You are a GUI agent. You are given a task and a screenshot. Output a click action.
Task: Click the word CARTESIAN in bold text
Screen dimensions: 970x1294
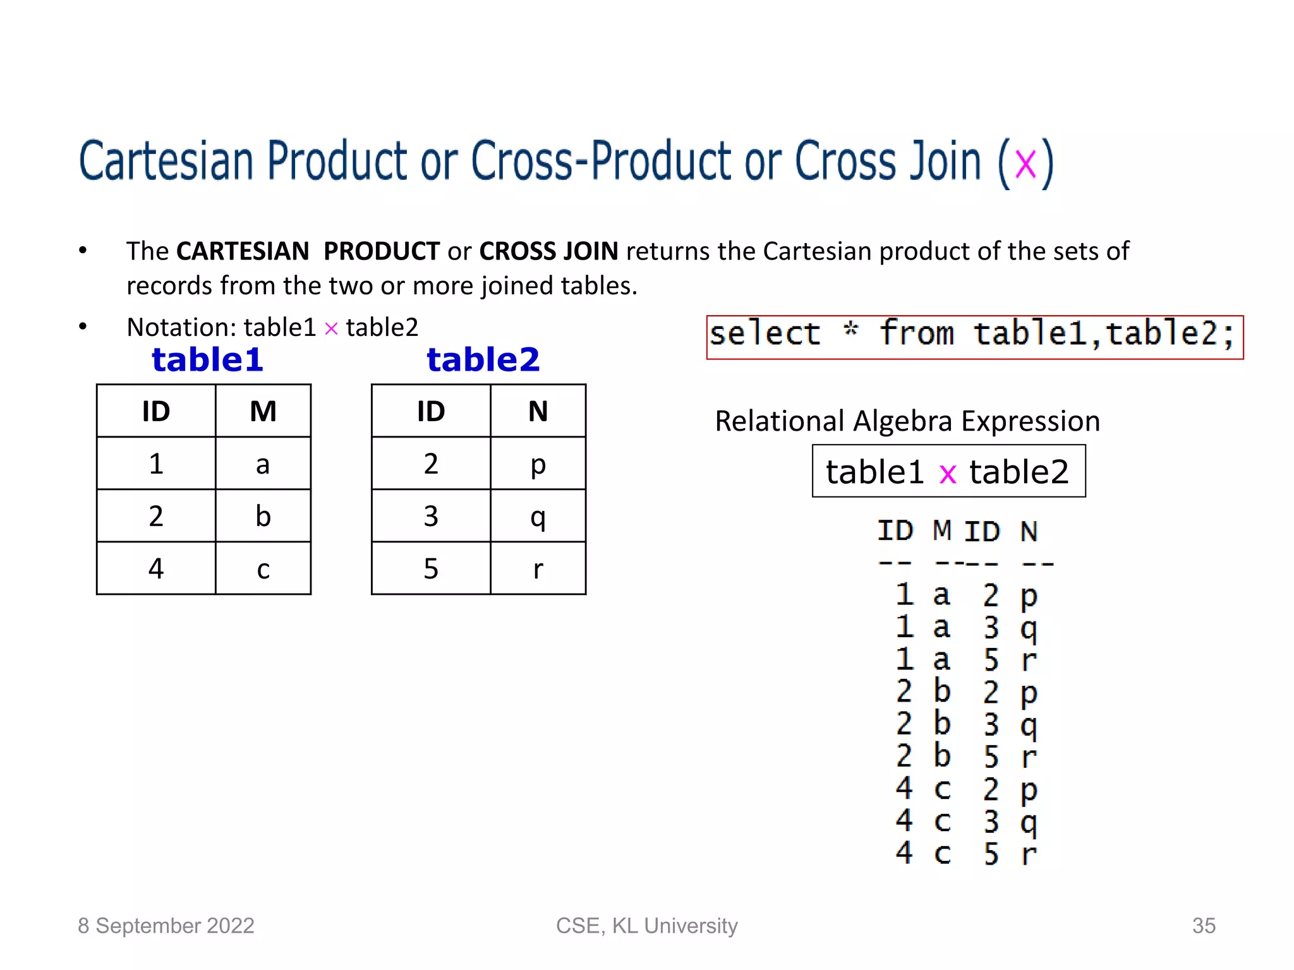tap(243, 251)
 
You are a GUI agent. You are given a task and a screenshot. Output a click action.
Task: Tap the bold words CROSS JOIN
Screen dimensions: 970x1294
tap(548, 251)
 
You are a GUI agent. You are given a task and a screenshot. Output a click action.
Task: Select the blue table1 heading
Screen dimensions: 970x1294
tap(207, 360)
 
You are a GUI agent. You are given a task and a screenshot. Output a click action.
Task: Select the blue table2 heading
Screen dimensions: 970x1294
tap(483, 360)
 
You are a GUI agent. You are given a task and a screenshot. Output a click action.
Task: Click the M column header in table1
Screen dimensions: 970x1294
tap(263, 412)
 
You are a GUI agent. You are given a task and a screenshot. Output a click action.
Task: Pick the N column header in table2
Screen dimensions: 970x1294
tap(538, 412)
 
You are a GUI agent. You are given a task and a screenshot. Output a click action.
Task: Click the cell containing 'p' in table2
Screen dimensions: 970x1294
tap(538, 464)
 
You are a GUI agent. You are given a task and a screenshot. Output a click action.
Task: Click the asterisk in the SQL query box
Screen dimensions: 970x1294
tap(851, 330)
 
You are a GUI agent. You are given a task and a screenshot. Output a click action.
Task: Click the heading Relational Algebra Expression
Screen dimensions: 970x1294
tap(907, 421)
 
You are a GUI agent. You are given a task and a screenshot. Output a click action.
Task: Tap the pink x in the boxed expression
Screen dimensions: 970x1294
tap(947, 474)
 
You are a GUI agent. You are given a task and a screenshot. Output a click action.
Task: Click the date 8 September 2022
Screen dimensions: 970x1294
tap(166, 926)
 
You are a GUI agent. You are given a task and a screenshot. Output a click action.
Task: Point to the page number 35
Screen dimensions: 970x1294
tap(1204, 926)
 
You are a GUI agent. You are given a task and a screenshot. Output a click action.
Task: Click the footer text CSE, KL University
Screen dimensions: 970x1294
tap(646, 926)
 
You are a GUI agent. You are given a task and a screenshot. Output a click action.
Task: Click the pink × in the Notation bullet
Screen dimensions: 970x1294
tap(331, 329)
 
